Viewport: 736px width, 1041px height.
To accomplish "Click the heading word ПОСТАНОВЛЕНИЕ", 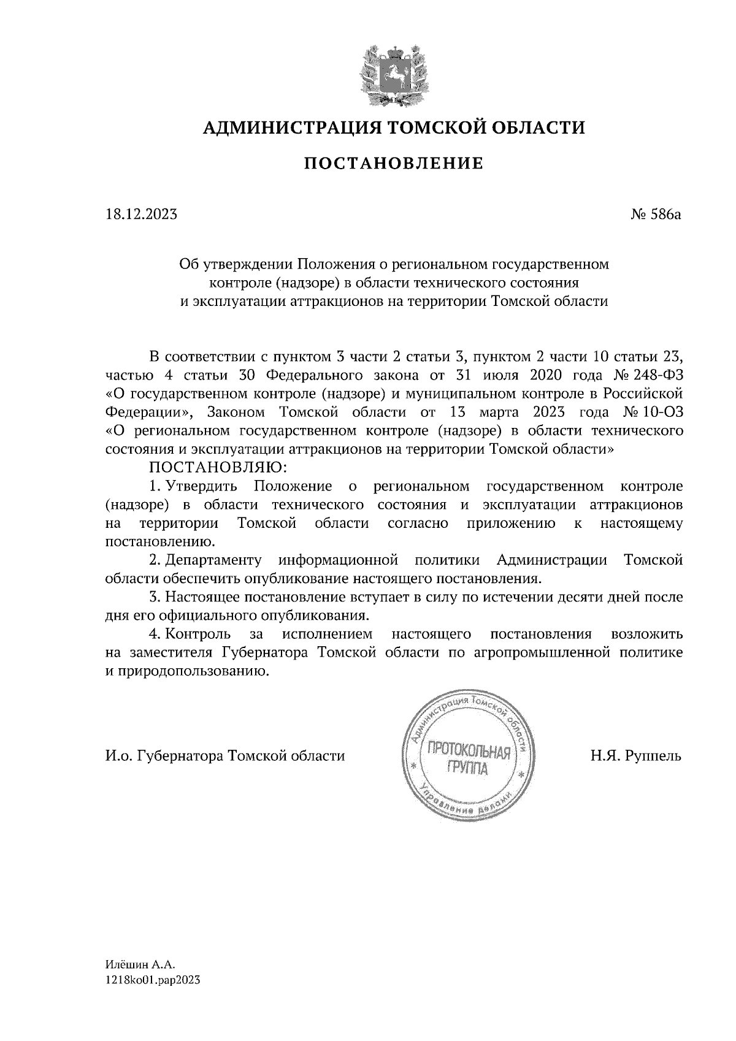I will (x=394, y=164).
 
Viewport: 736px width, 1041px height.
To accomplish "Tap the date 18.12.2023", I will (x=142, y=215).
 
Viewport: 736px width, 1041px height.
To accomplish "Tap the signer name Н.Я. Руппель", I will (x=636, y=755).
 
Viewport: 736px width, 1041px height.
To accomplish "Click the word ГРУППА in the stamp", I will (x=468, y=768).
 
